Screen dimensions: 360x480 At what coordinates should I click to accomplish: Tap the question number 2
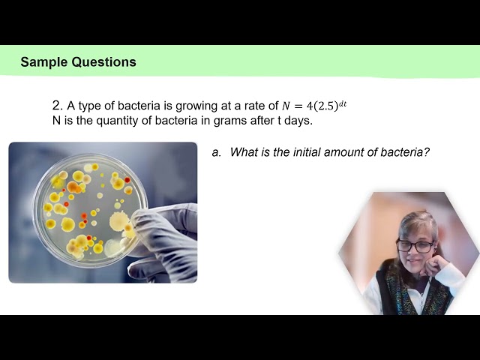[56, 106]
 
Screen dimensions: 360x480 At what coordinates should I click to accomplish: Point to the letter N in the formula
[286, 106]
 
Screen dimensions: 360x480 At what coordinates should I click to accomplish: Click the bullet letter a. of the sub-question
[216, 152]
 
